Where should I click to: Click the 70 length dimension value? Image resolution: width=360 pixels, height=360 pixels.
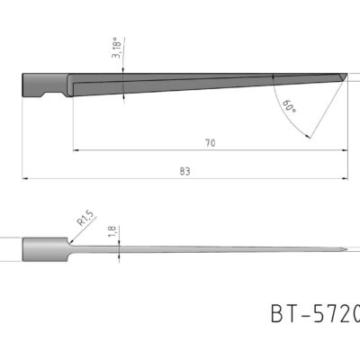210,142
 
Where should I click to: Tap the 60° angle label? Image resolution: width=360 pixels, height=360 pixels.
288,106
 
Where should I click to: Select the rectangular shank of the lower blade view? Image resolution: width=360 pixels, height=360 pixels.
43,249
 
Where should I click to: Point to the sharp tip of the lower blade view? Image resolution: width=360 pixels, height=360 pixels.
347,250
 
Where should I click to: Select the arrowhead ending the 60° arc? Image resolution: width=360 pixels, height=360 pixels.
308,137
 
